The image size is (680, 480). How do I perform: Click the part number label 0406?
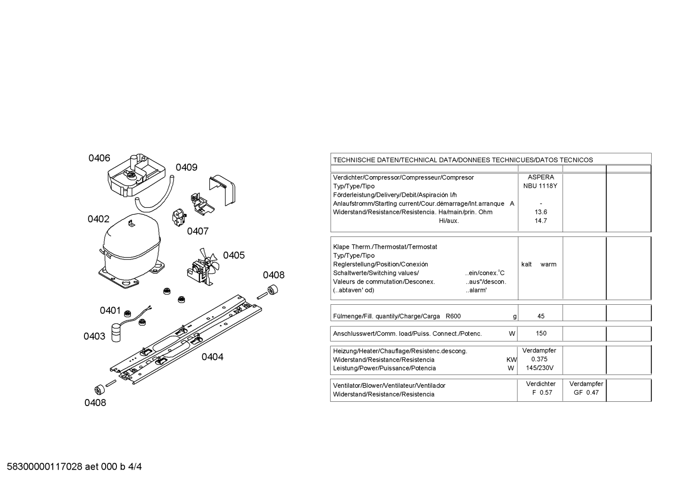pos(100,158)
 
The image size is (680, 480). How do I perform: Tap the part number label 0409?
pos(186,167)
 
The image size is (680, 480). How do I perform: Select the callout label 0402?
pos(99,219)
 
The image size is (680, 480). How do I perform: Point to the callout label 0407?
pos(198,231)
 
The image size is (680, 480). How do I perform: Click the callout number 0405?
pos(234,255)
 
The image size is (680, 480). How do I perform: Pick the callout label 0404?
pos(213,357)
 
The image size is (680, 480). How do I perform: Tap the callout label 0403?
pos(94,336)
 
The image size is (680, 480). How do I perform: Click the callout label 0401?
pos(110,310)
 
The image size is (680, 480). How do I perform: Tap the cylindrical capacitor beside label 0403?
pos(116,333)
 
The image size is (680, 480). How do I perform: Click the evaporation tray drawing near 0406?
pos(137,175)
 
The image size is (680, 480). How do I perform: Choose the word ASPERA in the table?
pos(541,177)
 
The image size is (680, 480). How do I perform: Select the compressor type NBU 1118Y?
pos(540,186)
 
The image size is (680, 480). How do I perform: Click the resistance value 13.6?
pos(541,212)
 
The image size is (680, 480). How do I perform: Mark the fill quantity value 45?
pos(541,316)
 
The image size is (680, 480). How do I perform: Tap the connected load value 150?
pos(541,333)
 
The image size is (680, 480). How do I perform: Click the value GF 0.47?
pos(586,392)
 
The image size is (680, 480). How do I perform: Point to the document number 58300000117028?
pos(45,467)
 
